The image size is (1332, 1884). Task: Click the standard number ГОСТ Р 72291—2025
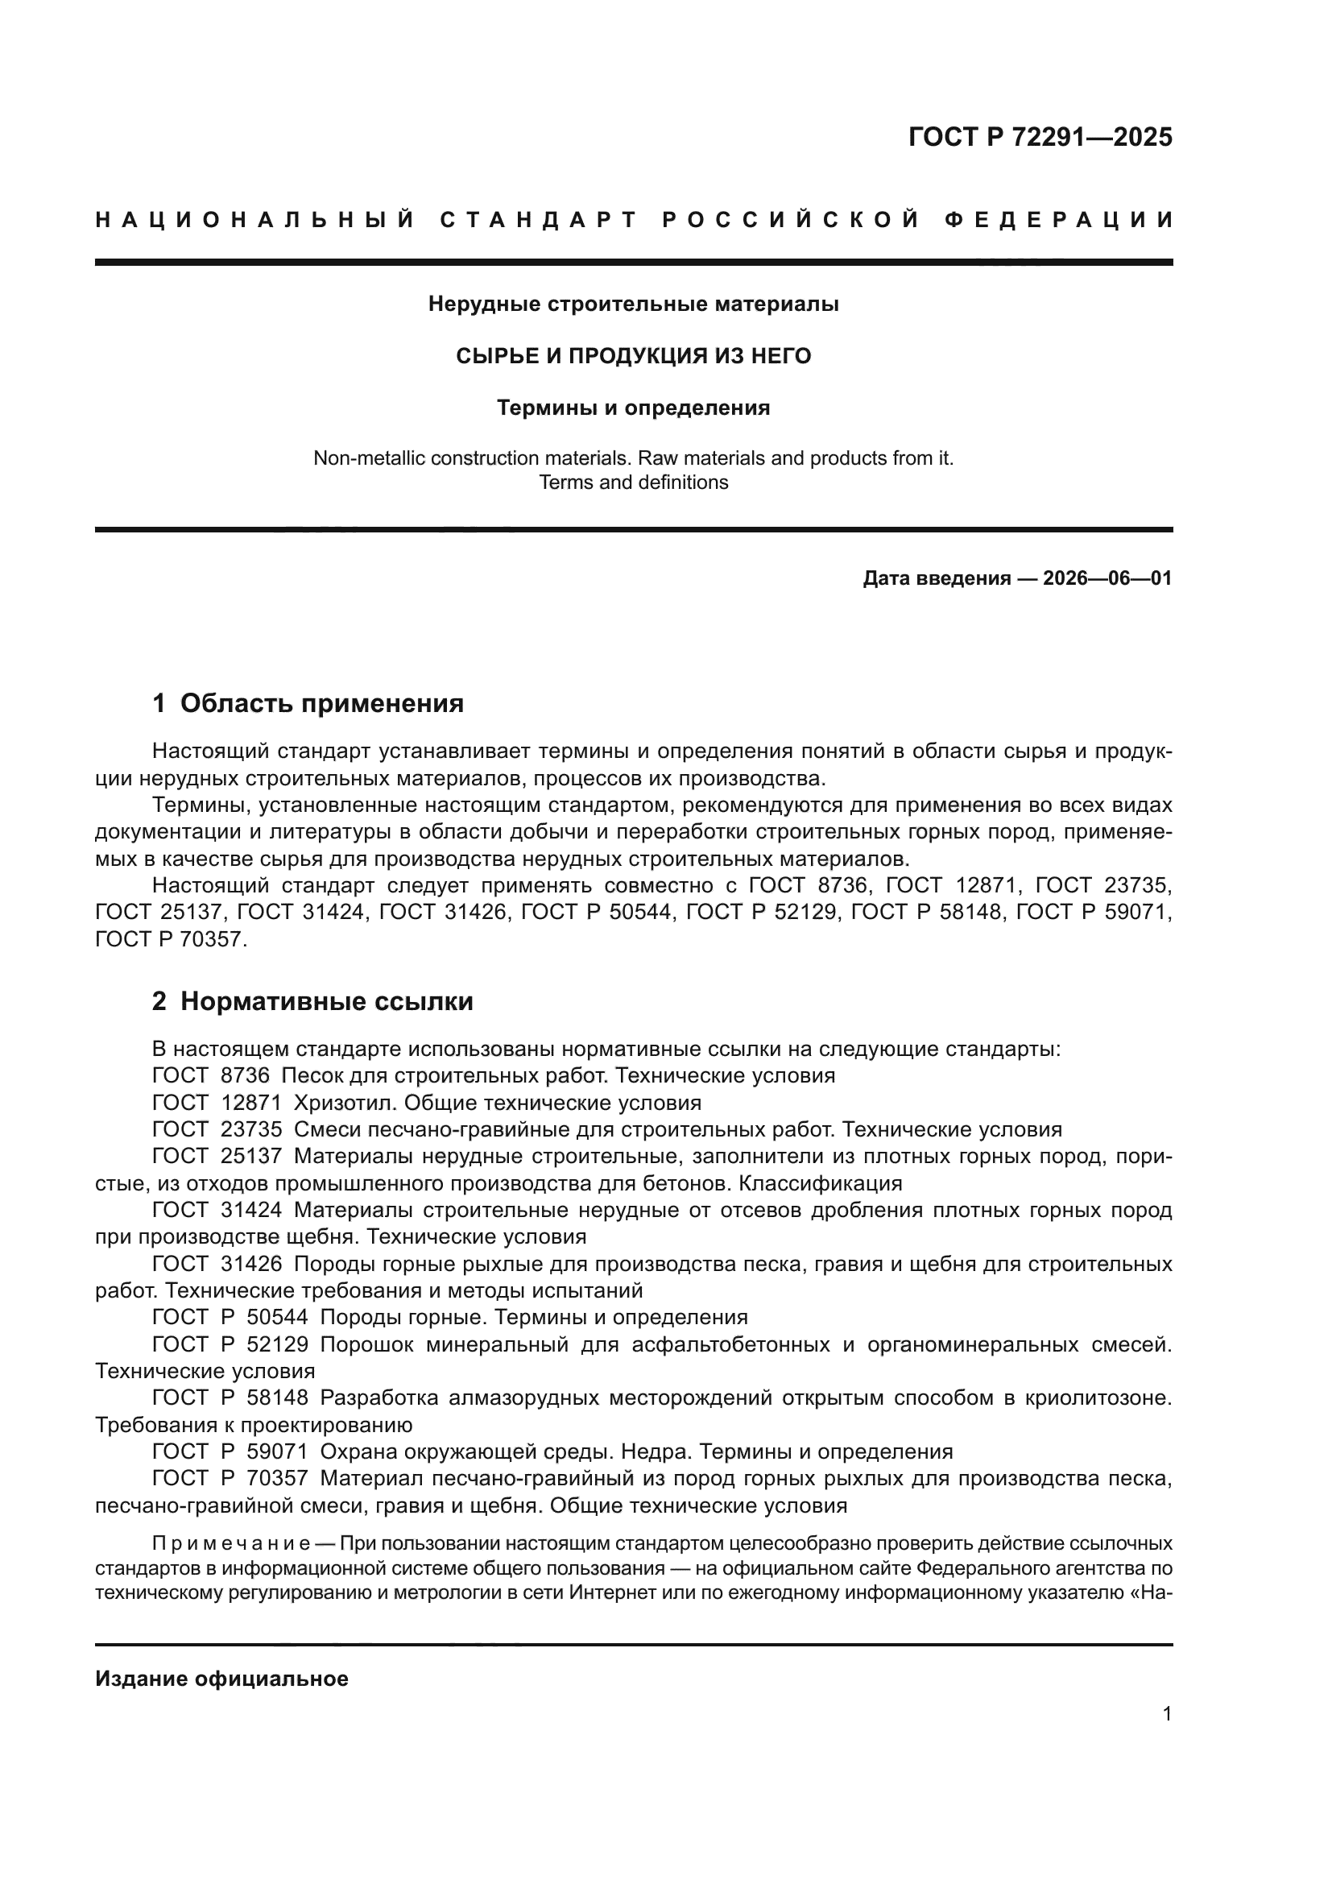click(x=1040, y=137)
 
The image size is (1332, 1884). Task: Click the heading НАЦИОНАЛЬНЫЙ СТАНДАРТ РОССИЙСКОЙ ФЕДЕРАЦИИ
click(x=633, y=220)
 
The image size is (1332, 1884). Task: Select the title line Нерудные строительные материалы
click(x=633, y=304)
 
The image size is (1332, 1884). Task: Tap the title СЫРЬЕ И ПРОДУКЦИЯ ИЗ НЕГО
click(x=633, y=356)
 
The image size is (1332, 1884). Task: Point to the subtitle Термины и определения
click(x=633, y=408)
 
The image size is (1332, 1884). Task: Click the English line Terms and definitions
click(x=633, y=482)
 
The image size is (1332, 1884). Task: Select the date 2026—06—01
click(x=1107, y=578)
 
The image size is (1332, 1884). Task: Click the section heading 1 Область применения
click(x=308, y=703)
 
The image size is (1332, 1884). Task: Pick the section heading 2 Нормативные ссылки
click(x=312, y=1001)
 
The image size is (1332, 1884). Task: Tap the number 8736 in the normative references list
click(x=246, y=1076)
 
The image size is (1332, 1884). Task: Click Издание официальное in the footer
click(x=221, y=1679)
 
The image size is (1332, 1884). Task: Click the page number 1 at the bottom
click(x=1167, y=1713)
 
